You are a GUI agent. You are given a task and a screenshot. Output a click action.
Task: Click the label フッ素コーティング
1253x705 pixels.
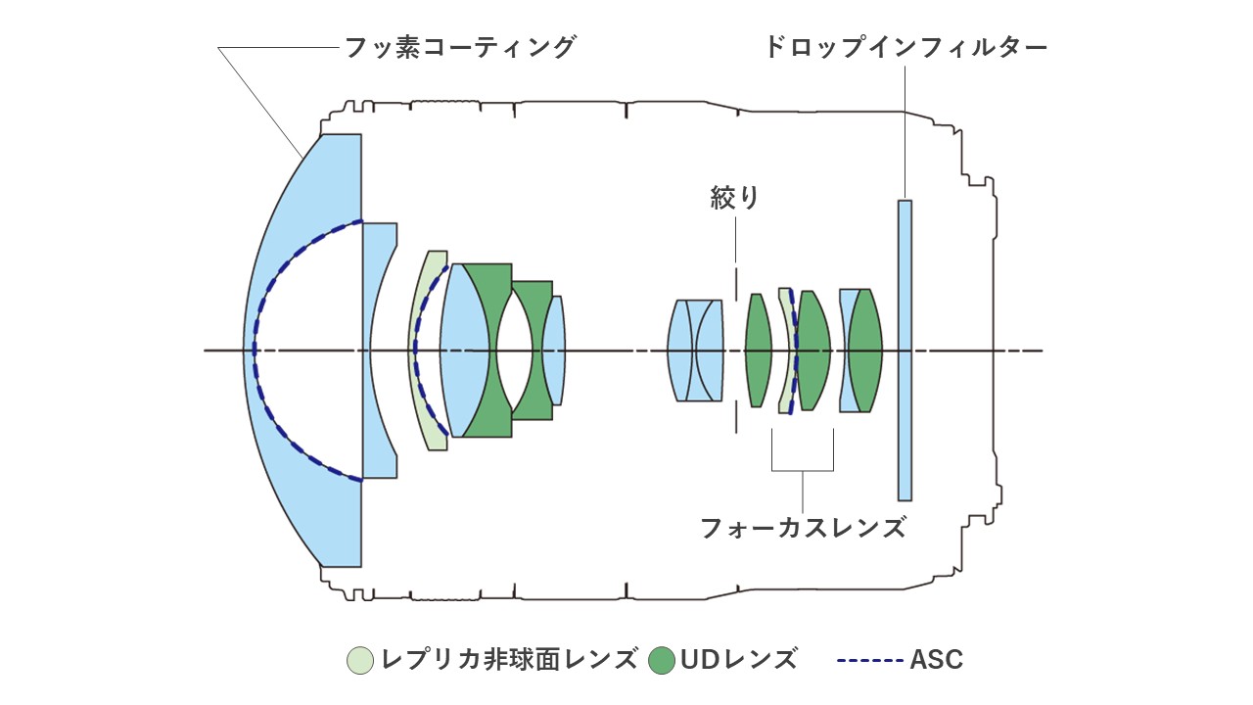click(x=459, y=47)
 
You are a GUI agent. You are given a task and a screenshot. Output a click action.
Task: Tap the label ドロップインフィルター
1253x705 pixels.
click(x=905, y=47)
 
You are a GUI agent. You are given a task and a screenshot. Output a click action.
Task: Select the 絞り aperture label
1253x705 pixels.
click(x=734, y=199)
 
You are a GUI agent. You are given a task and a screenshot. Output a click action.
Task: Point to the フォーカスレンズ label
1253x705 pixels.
click(x=802, y=528)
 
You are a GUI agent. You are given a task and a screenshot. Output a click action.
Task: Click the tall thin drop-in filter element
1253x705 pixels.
click(x=905, y=350)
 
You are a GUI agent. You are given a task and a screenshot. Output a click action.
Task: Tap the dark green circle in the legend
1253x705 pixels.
click(x=662, y=660)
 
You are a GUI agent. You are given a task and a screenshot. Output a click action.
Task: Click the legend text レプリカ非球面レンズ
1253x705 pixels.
click(x=509, y=660)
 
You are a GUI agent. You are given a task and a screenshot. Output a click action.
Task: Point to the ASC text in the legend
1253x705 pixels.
click(x=936, y=660)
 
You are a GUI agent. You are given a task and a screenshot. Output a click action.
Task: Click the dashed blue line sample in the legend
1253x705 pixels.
click(x=869, y=660)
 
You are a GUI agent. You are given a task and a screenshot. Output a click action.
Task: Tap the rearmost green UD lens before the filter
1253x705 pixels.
click(x=867, y=350)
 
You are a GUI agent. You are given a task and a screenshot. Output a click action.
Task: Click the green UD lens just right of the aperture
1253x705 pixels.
click(x=758, y=350)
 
